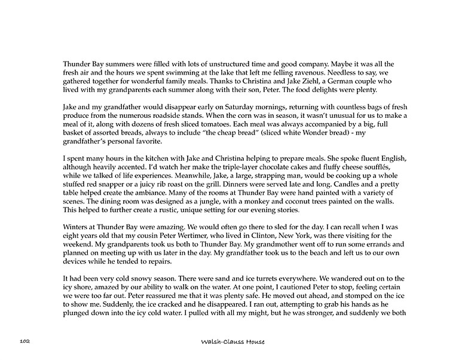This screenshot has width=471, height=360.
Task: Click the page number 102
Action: coord(24,341)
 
